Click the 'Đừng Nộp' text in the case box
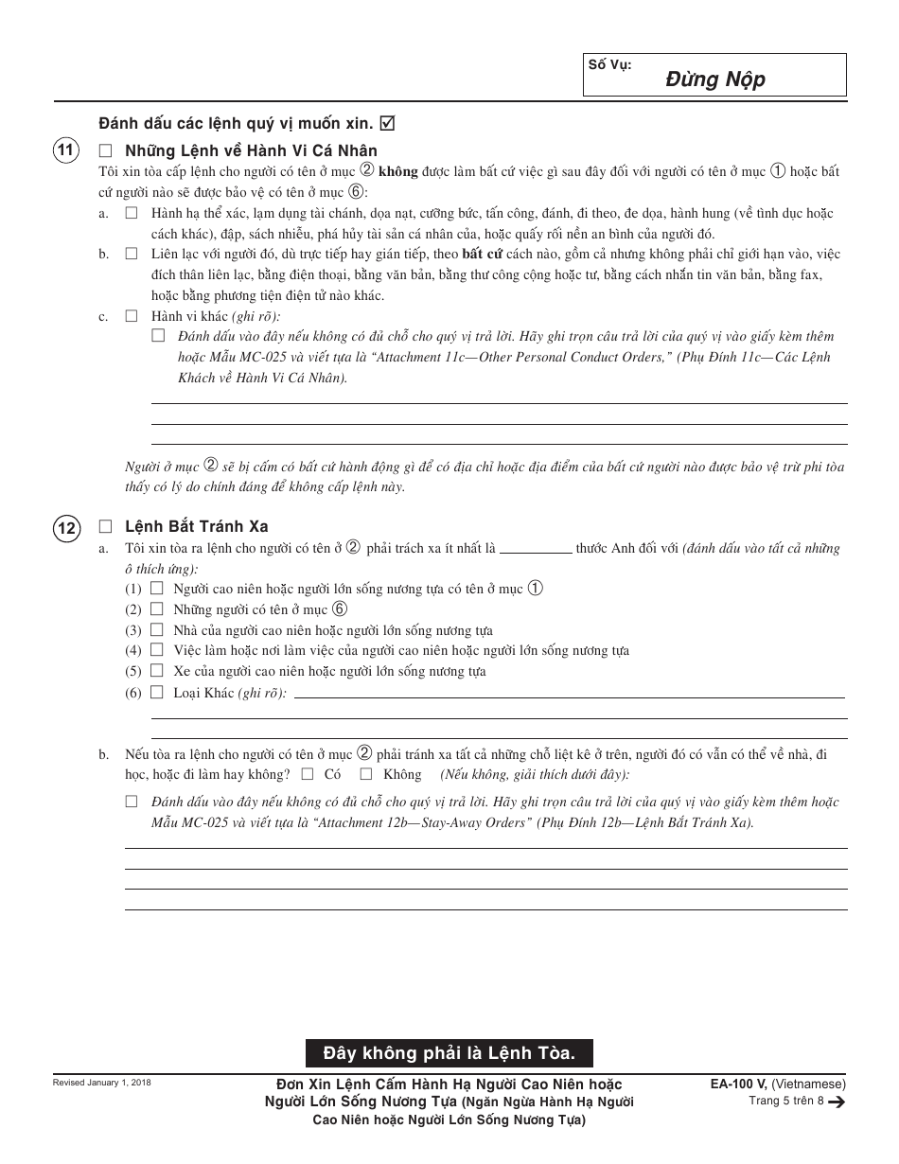(x=714, y=79)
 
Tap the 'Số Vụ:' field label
(x=609, y=64)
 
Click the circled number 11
(x=66, y=150)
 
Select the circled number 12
(x=66, y=527)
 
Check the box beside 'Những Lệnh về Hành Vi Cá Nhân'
(x=105, y=150)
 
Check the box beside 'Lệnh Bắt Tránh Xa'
(x=105, y=527)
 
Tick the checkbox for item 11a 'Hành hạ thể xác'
(x=132, y=214)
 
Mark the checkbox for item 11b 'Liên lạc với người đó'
(x=132, y=255)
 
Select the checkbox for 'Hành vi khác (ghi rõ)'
(x=132, y=316)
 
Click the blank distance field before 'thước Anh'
(x=535, y=548)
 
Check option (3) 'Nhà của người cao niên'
(x=157, y=630)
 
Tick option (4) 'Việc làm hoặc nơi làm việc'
(x=157, y=650)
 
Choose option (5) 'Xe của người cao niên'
(x=157, y=671)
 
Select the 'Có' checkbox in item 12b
(x=308, y=774)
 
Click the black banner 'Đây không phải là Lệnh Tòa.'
(x=449, y=1052)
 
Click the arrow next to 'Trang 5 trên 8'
(x=837, y=1102)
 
